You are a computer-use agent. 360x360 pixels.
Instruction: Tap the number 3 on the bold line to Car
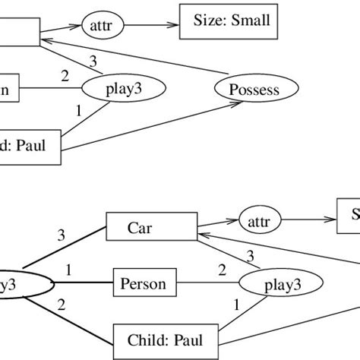(x=62, y=236)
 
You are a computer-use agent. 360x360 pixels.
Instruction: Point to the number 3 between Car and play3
(x=249, y=255)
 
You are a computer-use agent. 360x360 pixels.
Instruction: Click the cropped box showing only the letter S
(x=349, y=216)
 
